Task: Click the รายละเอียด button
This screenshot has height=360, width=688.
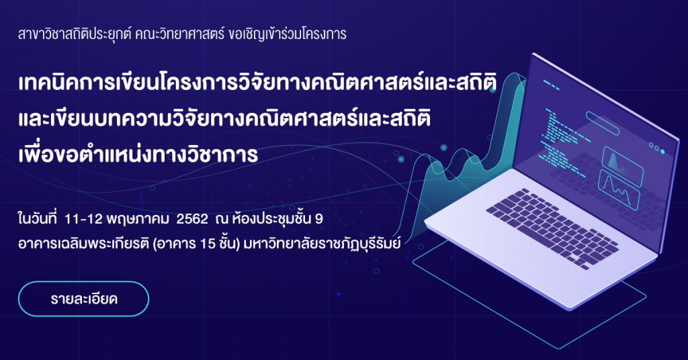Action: pos(83,299)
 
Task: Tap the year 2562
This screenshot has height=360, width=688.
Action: pos(192,219)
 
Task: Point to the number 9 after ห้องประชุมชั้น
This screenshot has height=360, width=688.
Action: pos(319,219)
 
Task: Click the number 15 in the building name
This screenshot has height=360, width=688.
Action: pos(208,243)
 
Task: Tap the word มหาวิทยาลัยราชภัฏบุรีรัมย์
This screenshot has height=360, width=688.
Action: pos(322,243)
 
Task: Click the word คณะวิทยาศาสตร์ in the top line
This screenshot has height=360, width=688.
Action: pos(180,34)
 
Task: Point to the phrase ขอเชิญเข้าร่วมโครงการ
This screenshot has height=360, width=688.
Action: pos(288,34)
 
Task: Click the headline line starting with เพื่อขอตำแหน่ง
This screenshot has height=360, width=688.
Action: pos(138,154)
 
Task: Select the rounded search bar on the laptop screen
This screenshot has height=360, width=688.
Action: pos(603,123)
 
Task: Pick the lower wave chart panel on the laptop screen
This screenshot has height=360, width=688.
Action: pos(619,189)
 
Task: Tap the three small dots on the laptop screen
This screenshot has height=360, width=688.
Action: pos(657,148)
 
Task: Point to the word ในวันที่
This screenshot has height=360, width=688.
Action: pos(38,219)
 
